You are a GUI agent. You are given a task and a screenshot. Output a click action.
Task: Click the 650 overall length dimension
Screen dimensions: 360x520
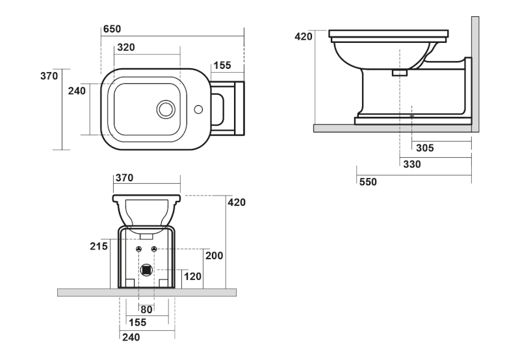(x=112, y=29)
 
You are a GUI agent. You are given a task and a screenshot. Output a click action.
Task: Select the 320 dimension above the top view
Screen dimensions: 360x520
(x=125, y=47)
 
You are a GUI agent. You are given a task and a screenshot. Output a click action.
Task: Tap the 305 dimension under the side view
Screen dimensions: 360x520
(x=424, y=148)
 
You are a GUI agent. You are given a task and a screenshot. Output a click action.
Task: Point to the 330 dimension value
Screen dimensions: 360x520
(x=411, y=164)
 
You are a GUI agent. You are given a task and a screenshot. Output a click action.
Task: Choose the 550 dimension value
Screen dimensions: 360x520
(x=368, y=182)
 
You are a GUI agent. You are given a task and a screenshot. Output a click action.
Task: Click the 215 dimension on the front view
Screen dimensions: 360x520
(x=98, y=246)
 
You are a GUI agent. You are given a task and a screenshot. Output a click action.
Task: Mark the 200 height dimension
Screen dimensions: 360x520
(x=214, y=256)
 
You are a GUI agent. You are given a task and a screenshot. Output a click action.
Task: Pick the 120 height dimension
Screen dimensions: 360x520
(x=193, y=277)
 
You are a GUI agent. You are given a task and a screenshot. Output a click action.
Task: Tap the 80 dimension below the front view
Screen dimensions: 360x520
(x=146, y=309)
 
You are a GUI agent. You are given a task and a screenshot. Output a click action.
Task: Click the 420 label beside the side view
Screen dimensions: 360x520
(x=304, y=36)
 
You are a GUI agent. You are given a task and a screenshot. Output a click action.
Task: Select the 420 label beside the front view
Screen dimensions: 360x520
(x=237, y=202)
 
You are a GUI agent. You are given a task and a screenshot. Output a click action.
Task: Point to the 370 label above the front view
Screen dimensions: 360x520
(x=123, y=178)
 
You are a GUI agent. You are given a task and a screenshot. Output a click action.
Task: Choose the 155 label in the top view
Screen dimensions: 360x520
(x=222, y=65)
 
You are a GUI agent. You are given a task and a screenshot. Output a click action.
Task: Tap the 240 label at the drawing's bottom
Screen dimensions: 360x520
(x=130, y=337)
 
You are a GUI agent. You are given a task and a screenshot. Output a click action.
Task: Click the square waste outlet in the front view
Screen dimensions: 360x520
(x=147, y=269)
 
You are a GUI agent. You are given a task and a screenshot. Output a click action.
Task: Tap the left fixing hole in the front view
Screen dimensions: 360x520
(x=139, y=250)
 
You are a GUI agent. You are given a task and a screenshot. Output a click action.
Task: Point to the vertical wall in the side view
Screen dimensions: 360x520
(x=475, y=71)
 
